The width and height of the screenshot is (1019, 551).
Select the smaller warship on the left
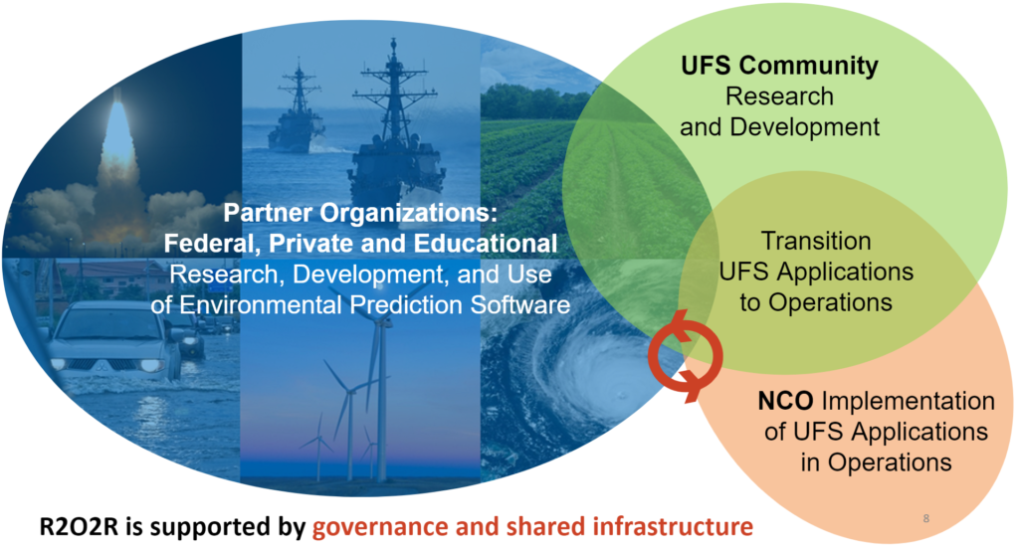(x=297, y=110)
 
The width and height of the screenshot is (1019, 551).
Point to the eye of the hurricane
(x=621, y=394)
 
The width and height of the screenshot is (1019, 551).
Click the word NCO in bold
(x=785, y=401)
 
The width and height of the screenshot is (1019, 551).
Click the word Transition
(x=816, y=241)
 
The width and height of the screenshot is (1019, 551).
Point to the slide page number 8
(x=926, y=518)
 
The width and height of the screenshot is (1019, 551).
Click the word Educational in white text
(x=486, y=243)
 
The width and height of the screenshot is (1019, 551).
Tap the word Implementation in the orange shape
(x=908, y=402)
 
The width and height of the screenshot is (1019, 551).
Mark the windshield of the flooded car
(x=111, y=325)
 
